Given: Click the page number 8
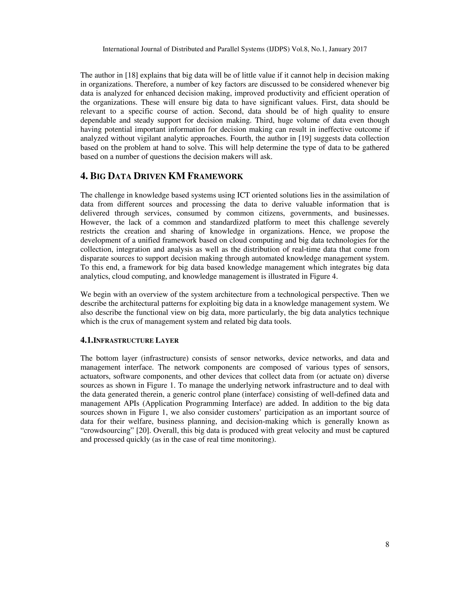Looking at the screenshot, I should coord(387,545).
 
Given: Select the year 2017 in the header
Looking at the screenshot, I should coord(359,49).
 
